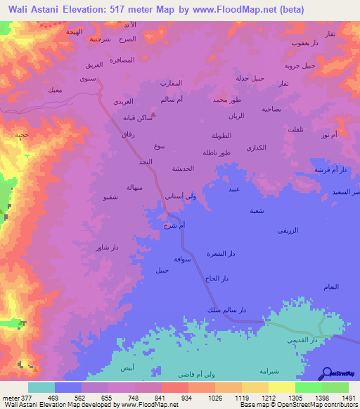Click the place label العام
pos(333,286)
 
